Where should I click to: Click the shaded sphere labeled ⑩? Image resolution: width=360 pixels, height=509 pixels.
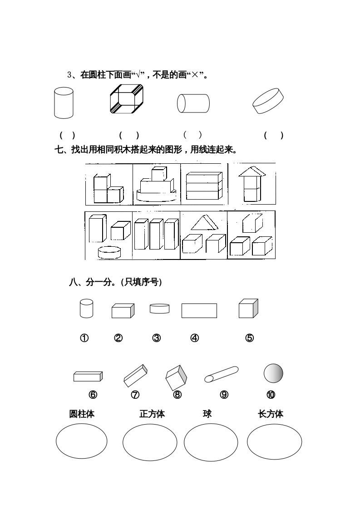pos(273,373)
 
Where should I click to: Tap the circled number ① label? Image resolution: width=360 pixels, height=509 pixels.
pos(84,338)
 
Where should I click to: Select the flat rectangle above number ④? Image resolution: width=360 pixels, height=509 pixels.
pos(199,311)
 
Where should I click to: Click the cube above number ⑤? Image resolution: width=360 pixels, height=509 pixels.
pos(248,308)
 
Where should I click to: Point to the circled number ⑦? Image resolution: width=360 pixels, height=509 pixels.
pos(135,395)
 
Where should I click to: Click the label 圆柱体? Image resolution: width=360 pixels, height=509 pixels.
pos(82,414)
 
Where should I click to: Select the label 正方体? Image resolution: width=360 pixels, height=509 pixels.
pos(152,414)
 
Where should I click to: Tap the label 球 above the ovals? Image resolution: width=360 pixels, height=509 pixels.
pos(207,413)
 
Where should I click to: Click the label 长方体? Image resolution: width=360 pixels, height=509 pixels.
pos(271,414)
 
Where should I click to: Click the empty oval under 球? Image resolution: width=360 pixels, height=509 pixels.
pos(211,442)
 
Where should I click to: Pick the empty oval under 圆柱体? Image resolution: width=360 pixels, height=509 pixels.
pos(82,441)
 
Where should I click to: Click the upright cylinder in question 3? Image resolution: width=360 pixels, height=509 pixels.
pos(64,103)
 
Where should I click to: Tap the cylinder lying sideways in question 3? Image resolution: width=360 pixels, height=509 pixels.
pos(193,103)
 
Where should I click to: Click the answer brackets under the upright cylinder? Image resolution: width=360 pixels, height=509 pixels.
pos(67,135)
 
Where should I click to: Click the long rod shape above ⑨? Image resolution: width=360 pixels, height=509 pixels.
pos(221,374)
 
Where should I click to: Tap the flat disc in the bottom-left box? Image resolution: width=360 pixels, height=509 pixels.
pos(109,252)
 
